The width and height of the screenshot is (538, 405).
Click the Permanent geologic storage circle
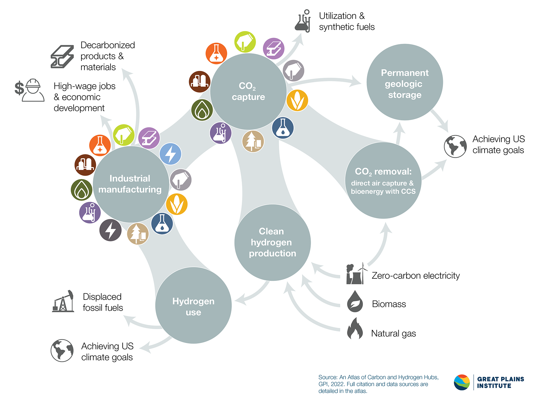(x=405, y=82)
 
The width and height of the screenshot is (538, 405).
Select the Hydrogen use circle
(x=193, y=305)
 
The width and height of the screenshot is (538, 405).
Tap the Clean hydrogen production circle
(x=272, y=243)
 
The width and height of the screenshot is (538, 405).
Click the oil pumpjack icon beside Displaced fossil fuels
(x=63, y=301)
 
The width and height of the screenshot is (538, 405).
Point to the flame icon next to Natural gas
(x=355, y=329)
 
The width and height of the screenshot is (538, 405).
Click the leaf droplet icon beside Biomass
(x=355, y=301)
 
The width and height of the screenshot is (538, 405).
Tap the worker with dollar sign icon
(x=30, y=90)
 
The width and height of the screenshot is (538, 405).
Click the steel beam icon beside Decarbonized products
(x=62, y=57)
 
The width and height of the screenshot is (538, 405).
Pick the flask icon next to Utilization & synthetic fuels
(x=303, y=21)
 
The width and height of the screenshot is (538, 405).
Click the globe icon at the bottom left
(x=62, y=351)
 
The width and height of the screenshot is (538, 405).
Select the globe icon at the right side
(x=455, y=146)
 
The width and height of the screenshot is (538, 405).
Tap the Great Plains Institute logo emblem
(x=462, y=382)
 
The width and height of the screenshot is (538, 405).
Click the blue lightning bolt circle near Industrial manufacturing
(x=170, y=154)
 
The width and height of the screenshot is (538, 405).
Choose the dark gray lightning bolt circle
(x=110, y=230)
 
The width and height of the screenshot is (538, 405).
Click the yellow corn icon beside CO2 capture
(x=297, y=100)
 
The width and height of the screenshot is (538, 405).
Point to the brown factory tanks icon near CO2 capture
(x=200, y=82)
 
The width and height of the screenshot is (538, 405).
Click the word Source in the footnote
(x=328, y=377)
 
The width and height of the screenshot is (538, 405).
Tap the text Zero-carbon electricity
(x=415, y=276)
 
